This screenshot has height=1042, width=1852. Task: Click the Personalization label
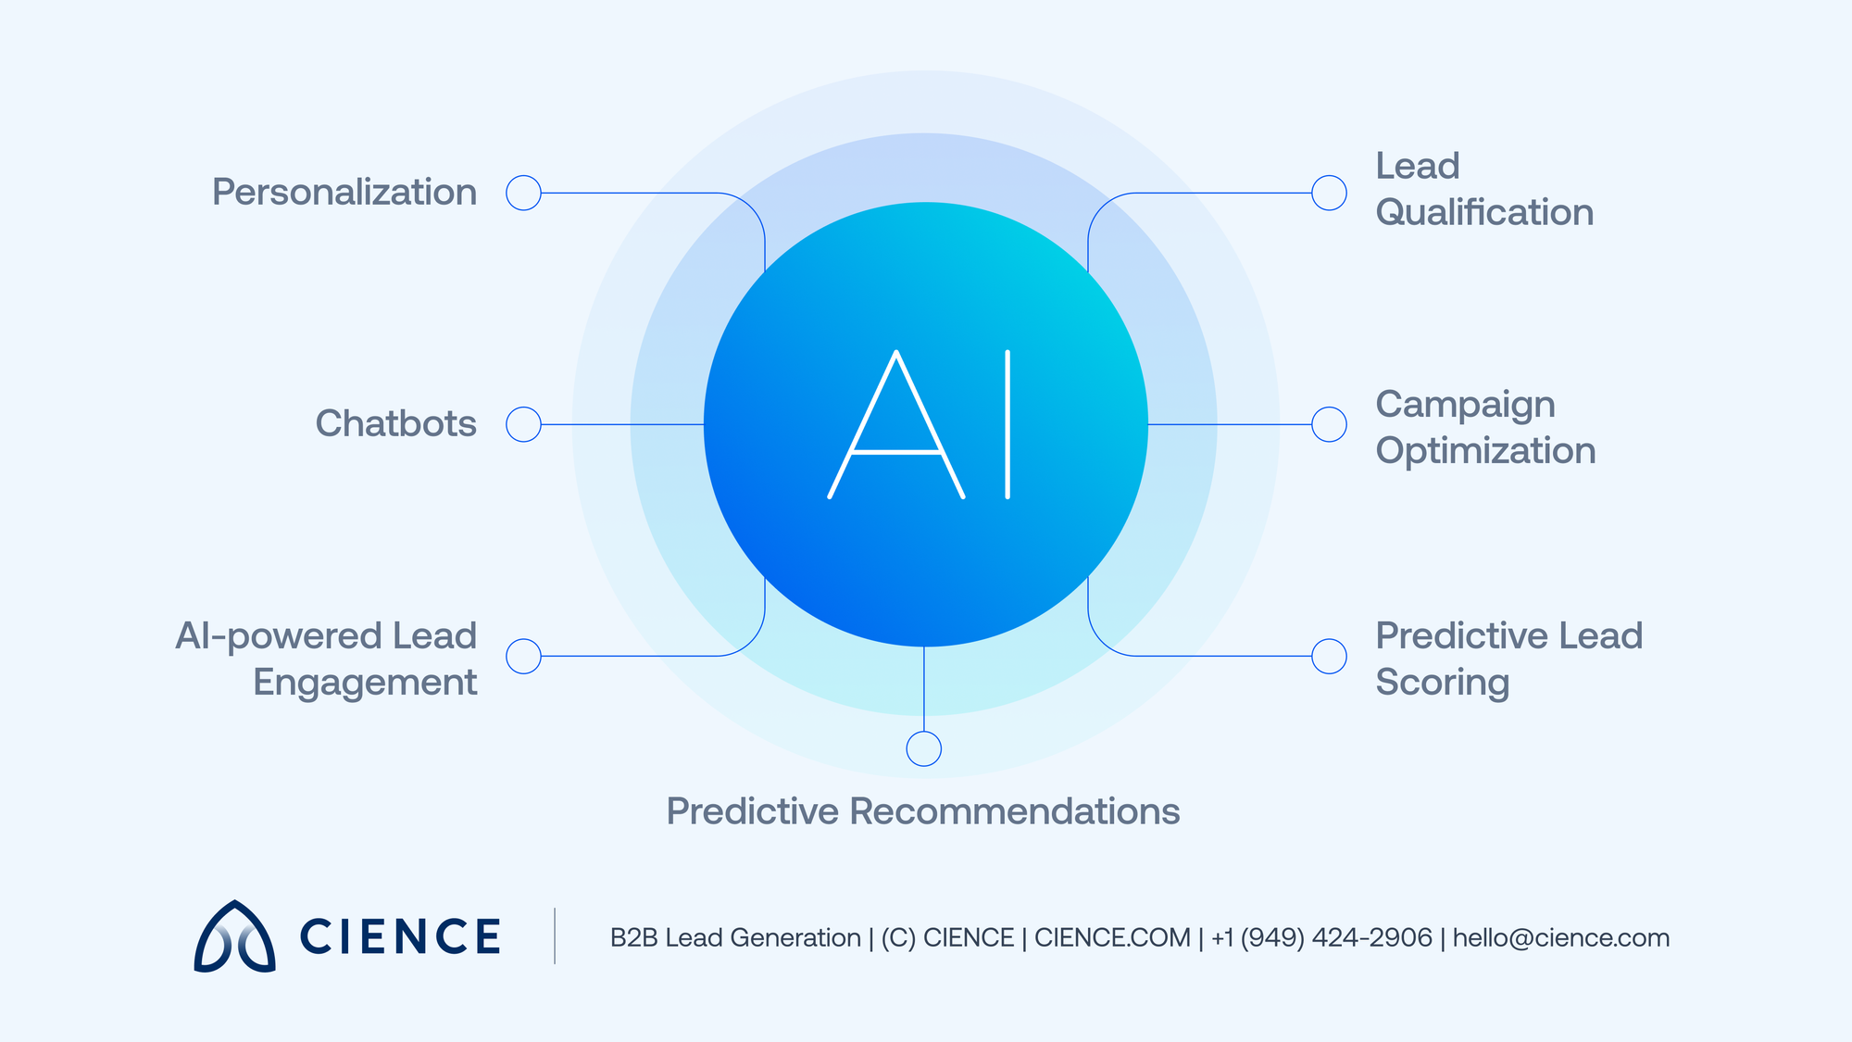pyautogui.click(x=344, y=193)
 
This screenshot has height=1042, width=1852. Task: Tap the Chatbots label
pyautogui.click(x=395, y=424)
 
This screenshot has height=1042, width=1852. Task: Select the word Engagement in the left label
pyautogui.click(x=365, y=683)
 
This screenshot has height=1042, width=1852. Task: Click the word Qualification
pyautogui.click(x=1484, y=213)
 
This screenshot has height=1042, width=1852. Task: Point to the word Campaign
pyautogui.click(x=1465, y=405)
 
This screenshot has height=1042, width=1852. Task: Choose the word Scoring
pyautogui.click(x=1442, y=683)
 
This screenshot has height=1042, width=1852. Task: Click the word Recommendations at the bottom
pyautogui.click(x=1014, y=811)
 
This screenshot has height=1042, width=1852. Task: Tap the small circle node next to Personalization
pyautogui.click(x=523, y=193)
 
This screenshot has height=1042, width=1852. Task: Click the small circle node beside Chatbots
pyautogui.click(x=523, y=424)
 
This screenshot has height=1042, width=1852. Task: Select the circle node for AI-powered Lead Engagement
pyautogui.click(x=523, y=656)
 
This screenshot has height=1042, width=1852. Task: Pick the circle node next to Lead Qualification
pyautogui.click(x=1329, y=193)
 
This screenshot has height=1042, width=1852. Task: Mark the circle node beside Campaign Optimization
pyautogui.click(x=1329, y=424)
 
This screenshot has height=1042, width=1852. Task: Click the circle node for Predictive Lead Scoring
pyautogui.click(x=1329, y=656)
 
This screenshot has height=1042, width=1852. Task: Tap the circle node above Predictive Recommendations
pyautogui.click(x=923, y=748)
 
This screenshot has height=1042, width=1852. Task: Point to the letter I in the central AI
pyautogui.click(x=1007, y=424)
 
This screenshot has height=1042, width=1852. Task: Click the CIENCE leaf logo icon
pyautogui.click(x=234, y=937)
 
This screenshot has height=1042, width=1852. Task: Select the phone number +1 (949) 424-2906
pyautogui.click(x=1321, y=938)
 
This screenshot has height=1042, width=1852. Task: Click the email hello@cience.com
pyautogui.click(x=1560, y=938)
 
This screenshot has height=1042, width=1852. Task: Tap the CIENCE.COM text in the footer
pyautogui.click(x=1112, y=938)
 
